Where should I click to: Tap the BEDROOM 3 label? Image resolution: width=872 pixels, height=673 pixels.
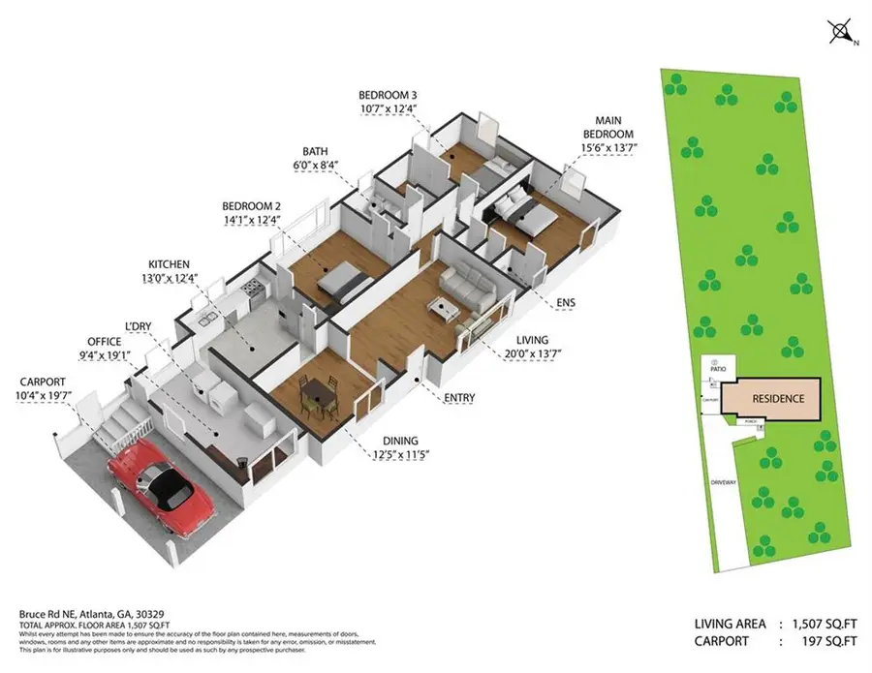point(387,95)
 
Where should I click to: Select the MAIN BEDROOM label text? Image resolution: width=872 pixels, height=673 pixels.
point(607,127)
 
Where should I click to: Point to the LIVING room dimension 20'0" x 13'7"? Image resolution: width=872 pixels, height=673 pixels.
point(532,354)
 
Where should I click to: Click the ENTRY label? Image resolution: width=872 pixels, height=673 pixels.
point(459,398)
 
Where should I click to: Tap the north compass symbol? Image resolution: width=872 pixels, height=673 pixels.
point(839,31)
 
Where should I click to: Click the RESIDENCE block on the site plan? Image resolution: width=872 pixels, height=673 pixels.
point(777,398)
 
